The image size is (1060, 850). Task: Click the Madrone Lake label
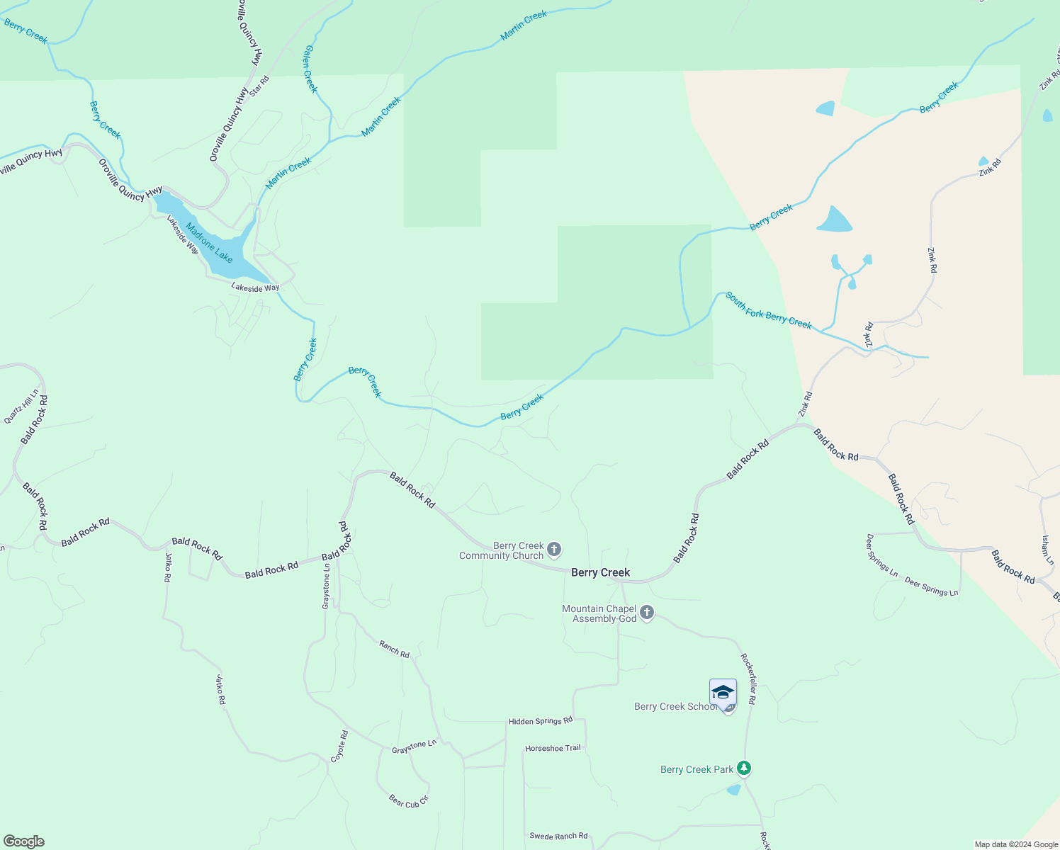(x=209, y=242)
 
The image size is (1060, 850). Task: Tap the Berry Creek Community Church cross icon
(x=554, y=550)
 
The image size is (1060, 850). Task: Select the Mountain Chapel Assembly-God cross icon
(x=646, y=613)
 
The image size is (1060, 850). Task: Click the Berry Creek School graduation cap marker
(x=723, y=692)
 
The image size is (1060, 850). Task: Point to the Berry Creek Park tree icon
(x=743, y=768)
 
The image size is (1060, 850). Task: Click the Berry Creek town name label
(x=600, y=572)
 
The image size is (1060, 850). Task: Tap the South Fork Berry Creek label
(x=768, y=310)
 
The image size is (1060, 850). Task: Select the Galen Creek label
(x=310, y=69)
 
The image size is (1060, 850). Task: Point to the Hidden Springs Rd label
(x=540, y=721)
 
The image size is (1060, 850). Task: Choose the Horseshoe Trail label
(x=553, y=748)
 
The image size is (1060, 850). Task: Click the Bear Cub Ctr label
(x=409, y=801)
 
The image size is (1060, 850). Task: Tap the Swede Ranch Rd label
(x=558, y=836)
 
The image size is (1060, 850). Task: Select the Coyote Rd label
(x=339, y=746)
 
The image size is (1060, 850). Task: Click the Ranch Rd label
(x=394, y=649)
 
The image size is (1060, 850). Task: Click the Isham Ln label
(x=1047, y=550)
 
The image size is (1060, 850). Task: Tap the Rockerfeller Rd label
(x=748, y=679)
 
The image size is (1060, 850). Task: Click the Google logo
(x=23, y=841)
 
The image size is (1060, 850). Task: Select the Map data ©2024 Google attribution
(x=1016, y=844)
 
